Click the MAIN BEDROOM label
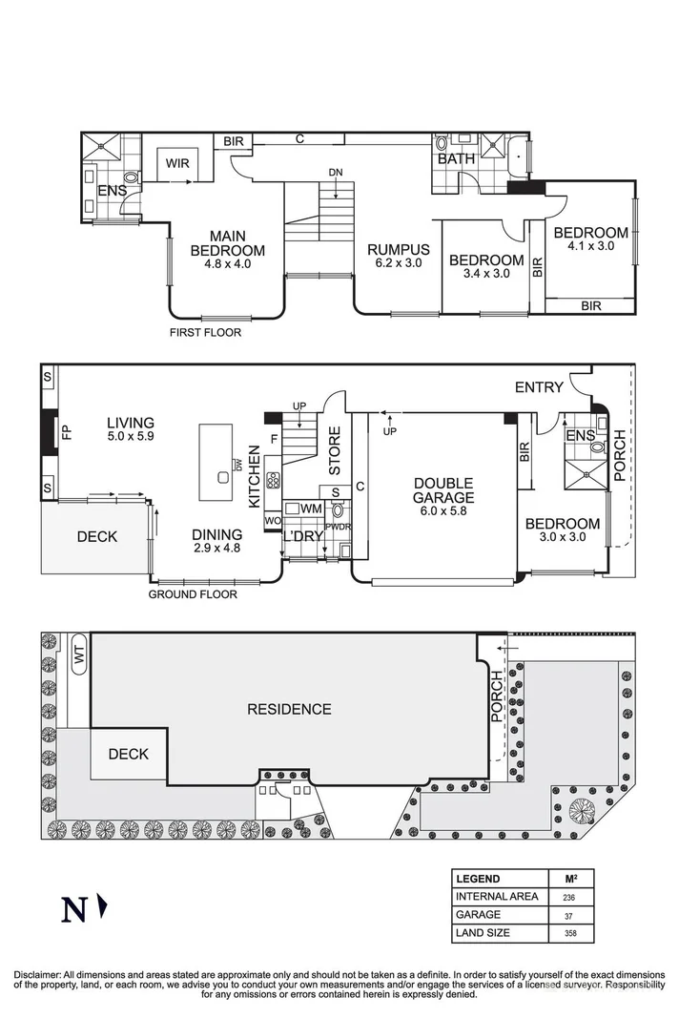[x=227, y=244]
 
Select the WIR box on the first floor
[x=177, y=163]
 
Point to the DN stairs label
[x=335, y=173]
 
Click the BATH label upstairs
[x=456, y=159]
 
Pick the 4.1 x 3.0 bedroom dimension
[x=590, y=245]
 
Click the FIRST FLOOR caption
[x=205, y=333]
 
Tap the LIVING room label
[x=130, y=423]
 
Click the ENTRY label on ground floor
[x=539, y=386]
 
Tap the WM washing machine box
[x=310, y=509]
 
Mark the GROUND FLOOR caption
[x=193, y=594]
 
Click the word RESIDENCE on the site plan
[x=289, y=709]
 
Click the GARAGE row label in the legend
[x=479, y=914]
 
